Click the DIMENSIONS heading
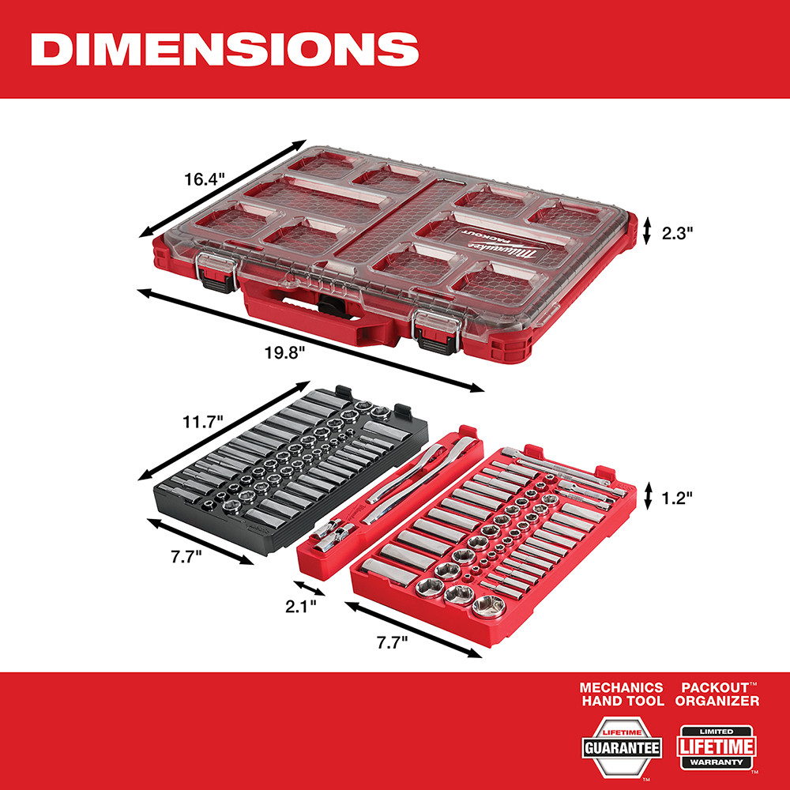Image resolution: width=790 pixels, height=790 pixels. pos(224,49)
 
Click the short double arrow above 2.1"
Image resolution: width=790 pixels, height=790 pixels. pos(309,588)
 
